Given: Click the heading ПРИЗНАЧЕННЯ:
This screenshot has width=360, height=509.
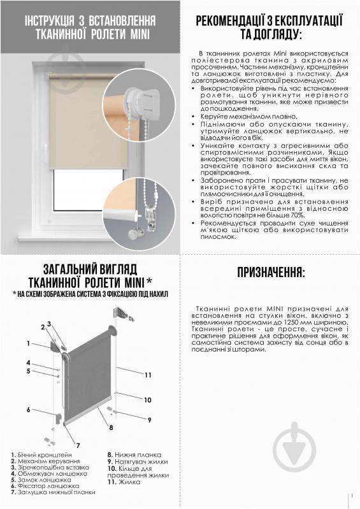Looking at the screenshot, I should click(271, 273).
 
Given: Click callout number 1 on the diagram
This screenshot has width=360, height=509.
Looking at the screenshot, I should click(28, 343).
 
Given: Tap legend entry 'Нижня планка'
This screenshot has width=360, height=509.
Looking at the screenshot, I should click(131, 454).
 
